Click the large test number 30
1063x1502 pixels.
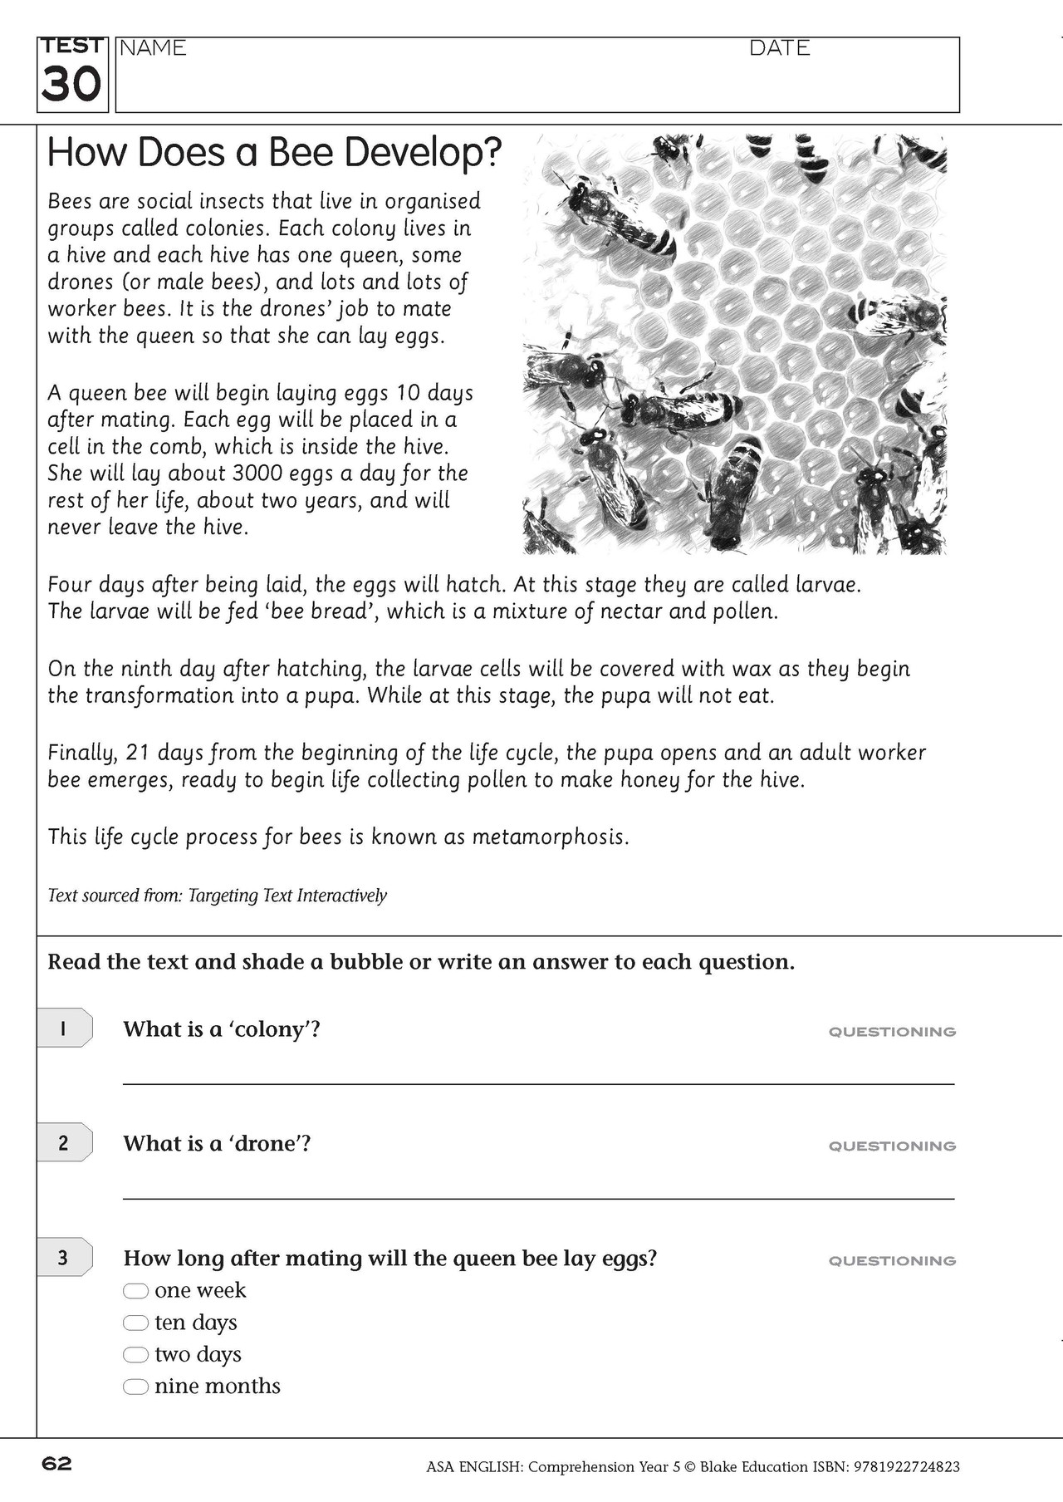click(71, 84)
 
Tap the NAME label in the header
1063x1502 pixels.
click(153, 48)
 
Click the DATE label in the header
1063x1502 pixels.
click(779, 48)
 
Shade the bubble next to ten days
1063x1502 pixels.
click(135, 1323)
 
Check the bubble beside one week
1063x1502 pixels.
click(135, 1291)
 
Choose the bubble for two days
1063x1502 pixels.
click(135, 1355)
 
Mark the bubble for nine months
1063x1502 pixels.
click(135, 1387)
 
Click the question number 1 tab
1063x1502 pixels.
click(63, 1029)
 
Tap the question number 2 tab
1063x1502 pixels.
click(63, 1143)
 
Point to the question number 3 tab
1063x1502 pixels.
click(63, 1258)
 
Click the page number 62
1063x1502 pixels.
click(57, 1464)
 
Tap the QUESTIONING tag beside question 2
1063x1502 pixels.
click(892, 1146)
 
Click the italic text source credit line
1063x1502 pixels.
click(217, 896)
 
